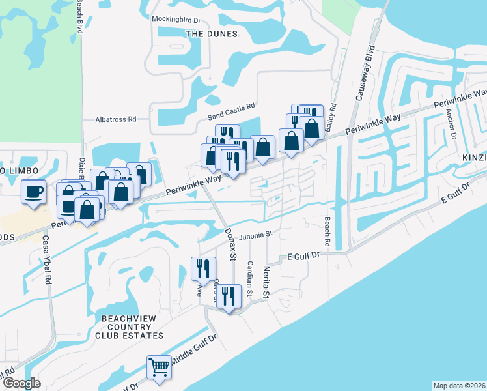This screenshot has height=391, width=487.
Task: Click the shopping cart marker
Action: [x=159, y=368]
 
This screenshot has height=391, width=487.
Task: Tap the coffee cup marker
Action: [x=33, y=192]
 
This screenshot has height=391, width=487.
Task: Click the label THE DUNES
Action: [x=211, y=33]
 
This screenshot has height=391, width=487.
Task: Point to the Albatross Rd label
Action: [x=115, y=119]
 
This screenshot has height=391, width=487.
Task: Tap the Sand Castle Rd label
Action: [x=231, y=111]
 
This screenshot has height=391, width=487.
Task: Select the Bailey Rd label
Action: [x=331, y=115]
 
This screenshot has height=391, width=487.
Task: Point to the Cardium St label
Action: [x=250, y=279]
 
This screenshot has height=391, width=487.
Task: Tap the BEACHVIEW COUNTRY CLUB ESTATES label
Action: [x=129, y=326]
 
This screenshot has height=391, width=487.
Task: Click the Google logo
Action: [x=21, y=383]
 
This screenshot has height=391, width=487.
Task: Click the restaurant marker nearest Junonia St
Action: [x=202, y=267]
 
